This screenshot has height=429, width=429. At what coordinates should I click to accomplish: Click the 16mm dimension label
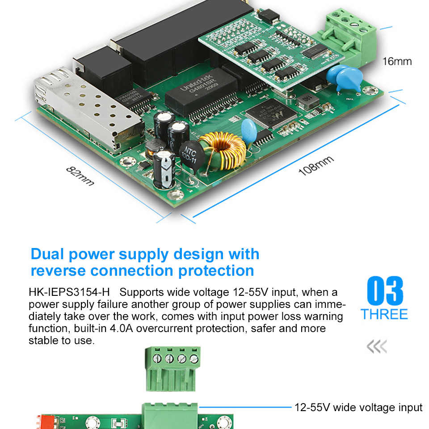coord(397,61)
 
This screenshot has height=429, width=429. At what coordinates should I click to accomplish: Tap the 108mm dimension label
coord(316,166)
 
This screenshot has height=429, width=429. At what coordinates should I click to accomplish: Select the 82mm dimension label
coord(80,176)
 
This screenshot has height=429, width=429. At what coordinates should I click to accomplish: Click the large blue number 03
coord(384,291)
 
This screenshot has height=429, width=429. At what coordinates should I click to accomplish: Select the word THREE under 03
coord(384,314)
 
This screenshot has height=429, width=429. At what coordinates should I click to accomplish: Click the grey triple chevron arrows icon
coord(377,346)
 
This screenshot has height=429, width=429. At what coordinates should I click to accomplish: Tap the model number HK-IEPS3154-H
coord(69,293)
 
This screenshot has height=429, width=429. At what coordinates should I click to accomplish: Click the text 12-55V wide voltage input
coord(358,408)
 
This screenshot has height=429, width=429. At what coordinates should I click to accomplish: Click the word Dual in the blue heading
coord(48,254)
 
